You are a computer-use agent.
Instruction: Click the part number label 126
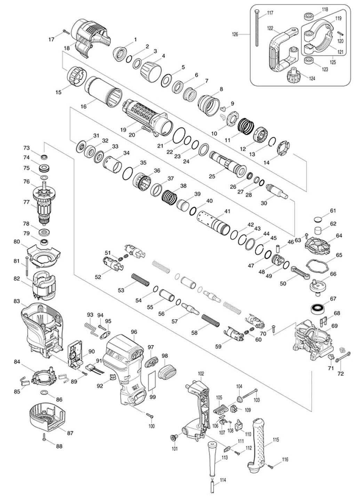pos(235,34)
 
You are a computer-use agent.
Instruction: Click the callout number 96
pos(134,332)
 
